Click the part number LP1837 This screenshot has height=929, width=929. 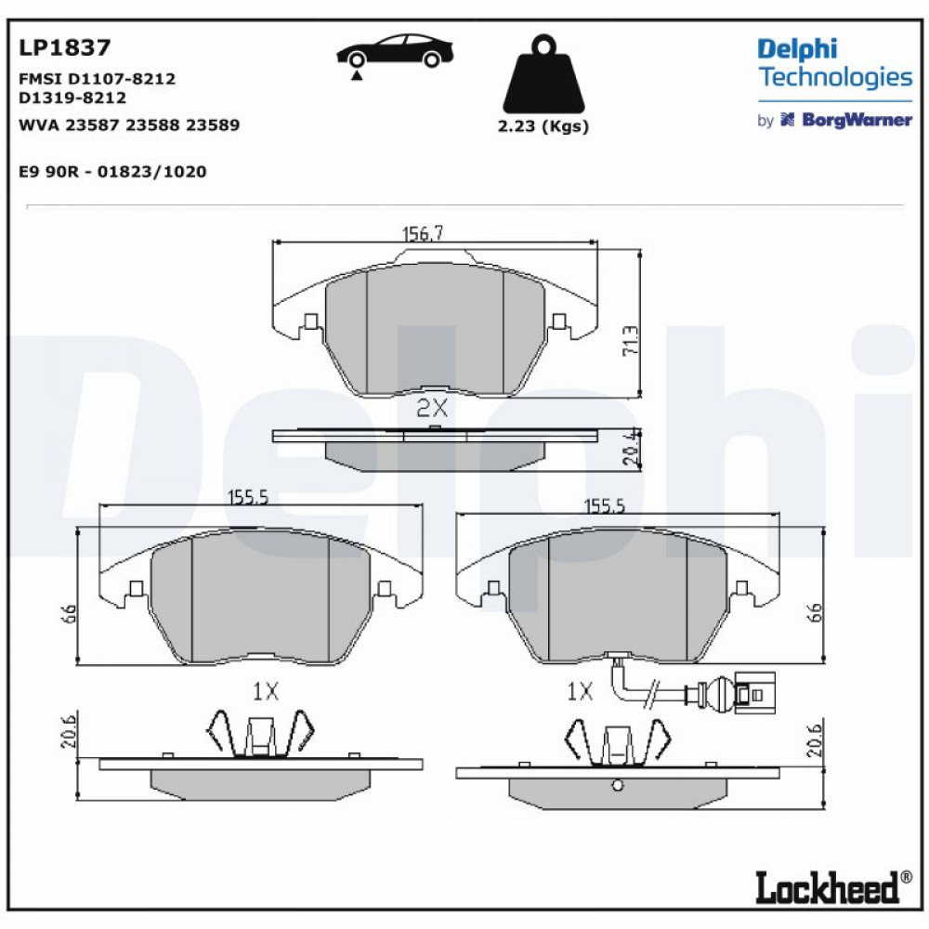65,47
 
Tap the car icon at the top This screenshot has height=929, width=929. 395,52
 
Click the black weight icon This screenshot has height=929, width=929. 543,74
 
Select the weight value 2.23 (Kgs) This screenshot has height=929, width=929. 543,125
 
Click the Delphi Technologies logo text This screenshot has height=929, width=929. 835,63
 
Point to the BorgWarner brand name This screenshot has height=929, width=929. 857,120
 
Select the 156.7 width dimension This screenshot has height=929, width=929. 423,233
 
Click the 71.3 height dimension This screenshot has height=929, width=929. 631,341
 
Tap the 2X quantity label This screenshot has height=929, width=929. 432,408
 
